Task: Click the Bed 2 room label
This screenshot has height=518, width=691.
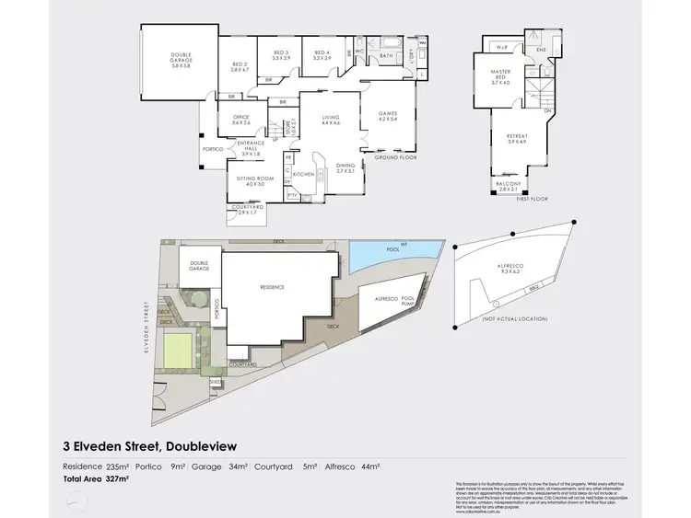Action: pos(240,66)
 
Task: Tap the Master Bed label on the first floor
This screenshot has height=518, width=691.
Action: pos(500,79)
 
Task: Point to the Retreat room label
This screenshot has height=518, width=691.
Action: pos(516,139)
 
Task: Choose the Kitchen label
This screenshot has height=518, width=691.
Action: pos(305,172)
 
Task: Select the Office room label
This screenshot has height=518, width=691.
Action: pos(241,120)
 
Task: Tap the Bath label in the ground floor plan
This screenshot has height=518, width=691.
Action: pos(388,54)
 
